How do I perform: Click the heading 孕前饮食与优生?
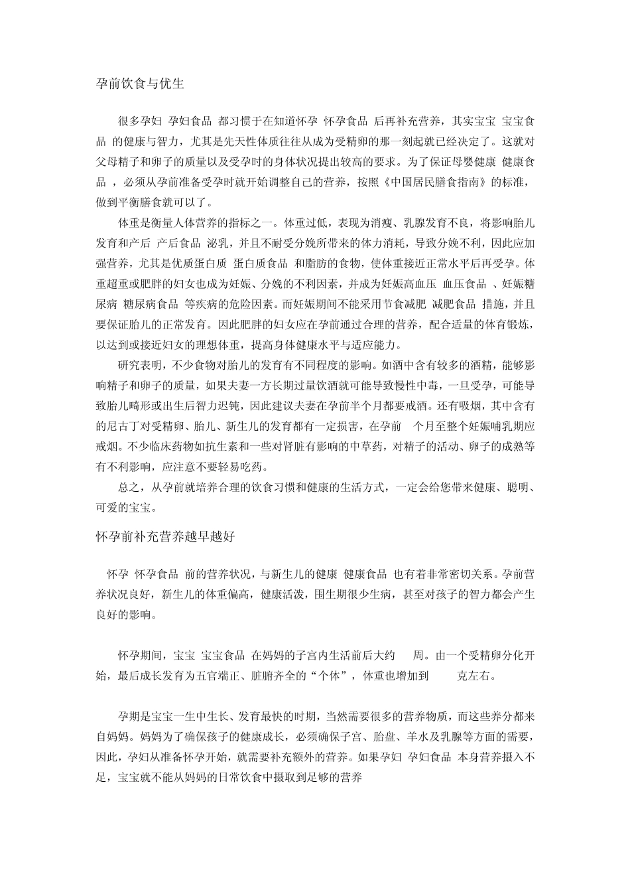(140, 84)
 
